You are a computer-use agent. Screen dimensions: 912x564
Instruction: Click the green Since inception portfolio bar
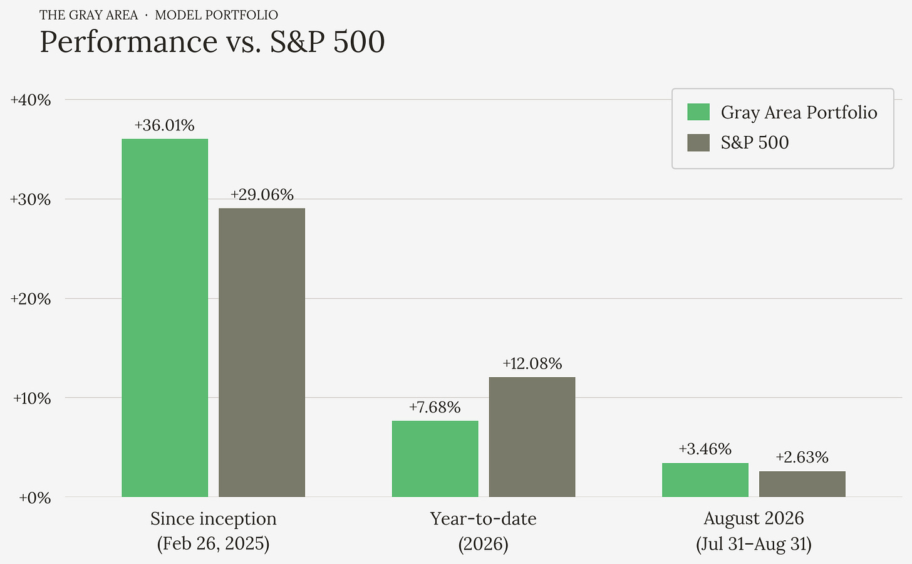coord(165,318)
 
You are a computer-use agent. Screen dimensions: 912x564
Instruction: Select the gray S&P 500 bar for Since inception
coord(262,352)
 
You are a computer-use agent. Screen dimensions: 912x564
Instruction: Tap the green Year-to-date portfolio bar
coord(435,459)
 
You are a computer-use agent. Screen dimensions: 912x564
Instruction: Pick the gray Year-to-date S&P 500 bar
coord(532,437)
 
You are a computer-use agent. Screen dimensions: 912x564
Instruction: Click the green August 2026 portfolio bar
coord(705,479)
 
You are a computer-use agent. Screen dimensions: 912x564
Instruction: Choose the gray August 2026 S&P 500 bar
coord(802,484)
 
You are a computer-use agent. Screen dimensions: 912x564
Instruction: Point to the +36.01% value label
coord(165,125)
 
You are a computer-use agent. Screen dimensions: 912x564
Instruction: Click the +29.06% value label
coord(262,195)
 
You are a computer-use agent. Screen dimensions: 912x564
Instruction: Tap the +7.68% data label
coord(435,407)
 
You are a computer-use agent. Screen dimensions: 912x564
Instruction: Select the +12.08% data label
coord(532,363)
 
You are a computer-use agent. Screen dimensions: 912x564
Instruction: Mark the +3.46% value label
coord(705,449)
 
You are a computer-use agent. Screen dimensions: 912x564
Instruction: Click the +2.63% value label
coord(802,457)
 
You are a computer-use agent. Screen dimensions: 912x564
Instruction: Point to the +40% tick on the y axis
coord(31,100)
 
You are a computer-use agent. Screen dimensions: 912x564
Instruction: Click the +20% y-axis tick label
coord(31,299)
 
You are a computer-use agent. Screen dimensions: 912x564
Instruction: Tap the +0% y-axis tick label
coord(35,498)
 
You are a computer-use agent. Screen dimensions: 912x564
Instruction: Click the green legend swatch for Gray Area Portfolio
coord(698,112)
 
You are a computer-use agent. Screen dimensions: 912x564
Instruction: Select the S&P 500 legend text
coord(755,142)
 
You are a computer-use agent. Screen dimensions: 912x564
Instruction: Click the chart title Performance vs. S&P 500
coord(212,41)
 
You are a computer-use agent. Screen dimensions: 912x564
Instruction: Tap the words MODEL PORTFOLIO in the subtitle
coord(217,15)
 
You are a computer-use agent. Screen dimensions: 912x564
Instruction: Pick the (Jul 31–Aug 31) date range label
coord(754,544)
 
